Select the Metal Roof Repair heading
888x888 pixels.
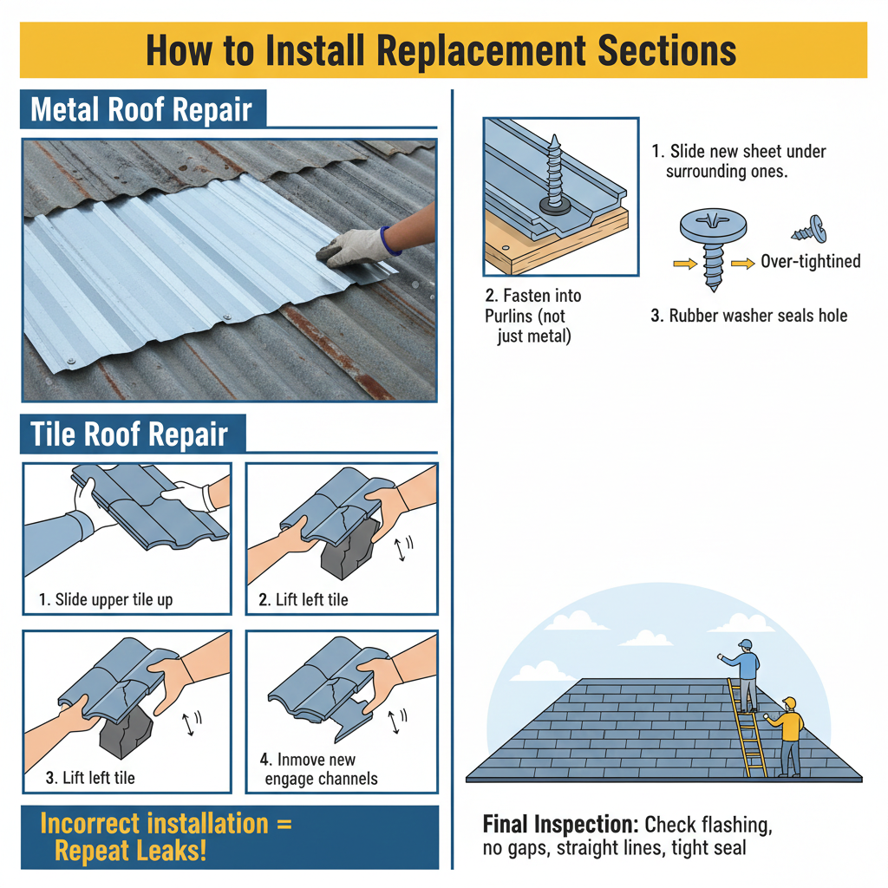tap(141, 110)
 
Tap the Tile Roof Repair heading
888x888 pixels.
tap(129, 434)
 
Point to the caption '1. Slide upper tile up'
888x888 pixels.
tap(105, 599)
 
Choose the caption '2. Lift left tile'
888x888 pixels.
tap(304, 599)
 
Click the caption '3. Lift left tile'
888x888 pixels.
tap(90, 778)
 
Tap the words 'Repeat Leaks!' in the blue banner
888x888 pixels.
tap(131, 850)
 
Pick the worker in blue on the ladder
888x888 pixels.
tap(743, 673)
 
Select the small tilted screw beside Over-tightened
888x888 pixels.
tap(809, 232)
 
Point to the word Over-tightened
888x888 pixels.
tap(810, 261)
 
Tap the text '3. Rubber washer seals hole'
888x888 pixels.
tap(748, 315)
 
